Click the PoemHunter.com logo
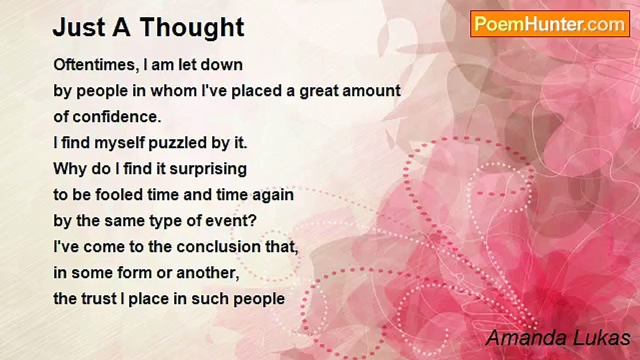click(550, 24)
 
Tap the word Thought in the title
click(192, 27)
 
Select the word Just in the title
click(79, 27)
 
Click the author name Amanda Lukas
click(558, 338)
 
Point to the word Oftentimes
click(94, 65)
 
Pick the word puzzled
click(177, 143)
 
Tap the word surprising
click(208, 169)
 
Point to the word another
click(207, 273)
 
